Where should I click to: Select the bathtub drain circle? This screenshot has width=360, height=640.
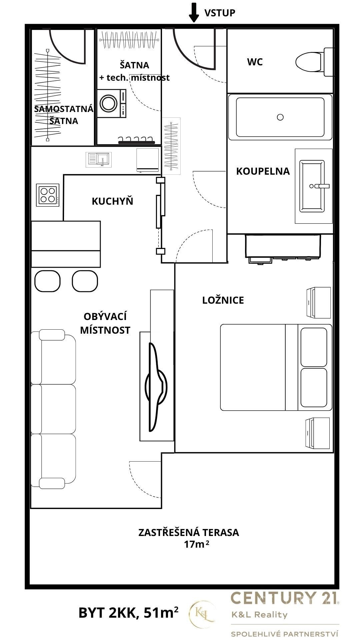pyautogui.click(x=280, y=117)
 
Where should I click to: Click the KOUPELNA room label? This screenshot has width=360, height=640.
pyautogui.click(x=263, y=171)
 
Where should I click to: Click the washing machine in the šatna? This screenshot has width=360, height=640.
pyautogui.click(x=112, y=103)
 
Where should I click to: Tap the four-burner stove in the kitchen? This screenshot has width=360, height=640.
pyautogui.click(x=48, y=195)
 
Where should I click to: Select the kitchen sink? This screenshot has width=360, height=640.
pyautogui.click(x=99, y=159)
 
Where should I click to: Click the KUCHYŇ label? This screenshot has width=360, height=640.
pyautogui.click(x=112, y=201)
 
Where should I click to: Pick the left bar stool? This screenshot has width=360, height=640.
pyautogui.click(x=47, y=281)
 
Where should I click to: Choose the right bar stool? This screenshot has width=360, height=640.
pyautogui.click(x=85, y=281)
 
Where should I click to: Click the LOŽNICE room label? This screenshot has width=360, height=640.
pyautogui.click(x=223, y=300)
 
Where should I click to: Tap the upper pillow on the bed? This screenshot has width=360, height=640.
pyautogui.click(x=314, y=347)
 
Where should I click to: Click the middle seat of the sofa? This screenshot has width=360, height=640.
pyautogui.click(x=53, y=409)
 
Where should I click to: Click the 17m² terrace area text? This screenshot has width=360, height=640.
pyautogui.click(x=197, y=544)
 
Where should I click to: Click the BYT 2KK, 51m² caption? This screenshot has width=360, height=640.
pyautogui.click(x=128, y=613)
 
